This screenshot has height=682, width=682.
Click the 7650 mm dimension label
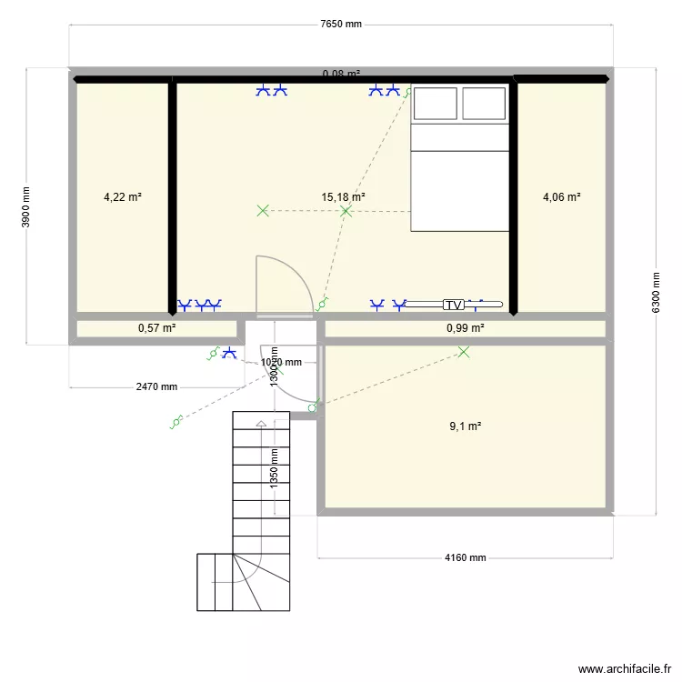click(x=341, y=25)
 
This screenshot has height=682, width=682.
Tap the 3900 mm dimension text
click(x=26, y=206)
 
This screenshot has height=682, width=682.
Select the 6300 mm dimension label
click(x=655, y=292)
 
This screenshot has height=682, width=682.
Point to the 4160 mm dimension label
click(x=465, y=558)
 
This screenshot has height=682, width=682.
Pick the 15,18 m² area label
click(x=344, y=196)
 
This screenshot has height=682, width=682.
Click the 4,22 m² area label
click(x=122, y=196)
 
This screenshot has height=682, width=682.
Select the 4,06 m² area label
click(x=561, y=196)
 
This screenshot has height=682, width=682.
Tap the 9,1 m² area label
click(x=465, y=425)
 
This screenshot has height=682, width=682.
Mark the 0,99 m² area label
click(x=465, y=328)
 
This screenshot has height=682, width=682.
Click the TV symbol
click(x=454, y=305)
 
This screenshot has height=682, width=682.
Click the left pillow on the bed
click(x=436, y=102)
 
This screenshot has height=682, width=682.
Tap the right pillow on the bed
click(x=484, y=102)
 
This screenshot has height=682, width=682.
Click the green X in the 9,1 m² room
click(x=465, y=352)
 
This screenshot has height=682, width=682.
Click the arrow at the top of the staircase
click(x=262, y=424)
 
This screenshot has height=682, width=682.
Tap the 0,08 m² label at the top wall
click(x=341, y=74)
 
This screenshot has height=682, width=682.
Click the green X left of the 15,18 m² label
click(x=263, y=211)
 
